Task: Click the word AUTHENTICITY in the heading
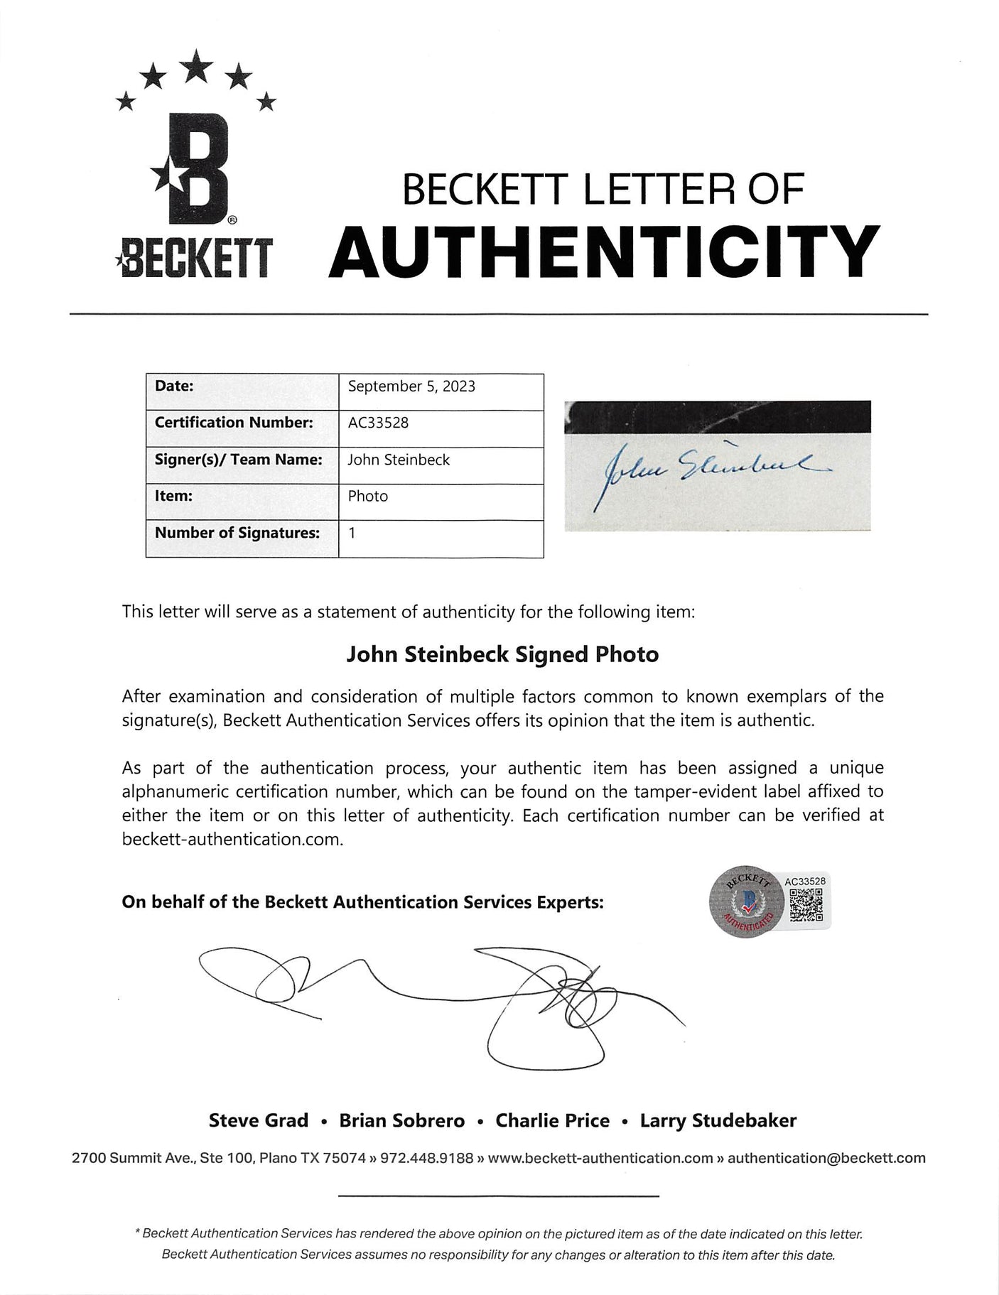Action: click(x=604, y=252)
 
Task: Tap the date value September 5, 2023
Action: click(x=411, y=386)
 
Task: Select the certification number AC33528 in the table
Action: click(x=378, y=423)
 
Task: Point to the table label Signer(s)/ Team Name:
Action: click(x=238, y=460)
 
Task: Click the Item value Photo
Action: click(x=367, y=496)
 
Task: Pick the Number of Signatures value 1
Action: click(x=352, y=532)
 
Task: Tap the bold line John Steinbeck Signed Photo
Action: click(x=502, y=654)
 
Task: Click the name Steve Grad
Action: click(x=259, y=1121)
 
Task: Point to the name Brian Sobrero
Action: click(x=401, y=1121)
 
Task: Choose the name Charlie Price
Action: click(x=552, y=1121)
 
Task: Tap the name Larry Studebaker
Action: click(x=718, y=1121)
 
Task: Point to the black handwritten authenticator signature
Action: click(x=441, y=1002)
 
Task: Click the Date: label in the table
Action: click(x=174, y=386)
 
